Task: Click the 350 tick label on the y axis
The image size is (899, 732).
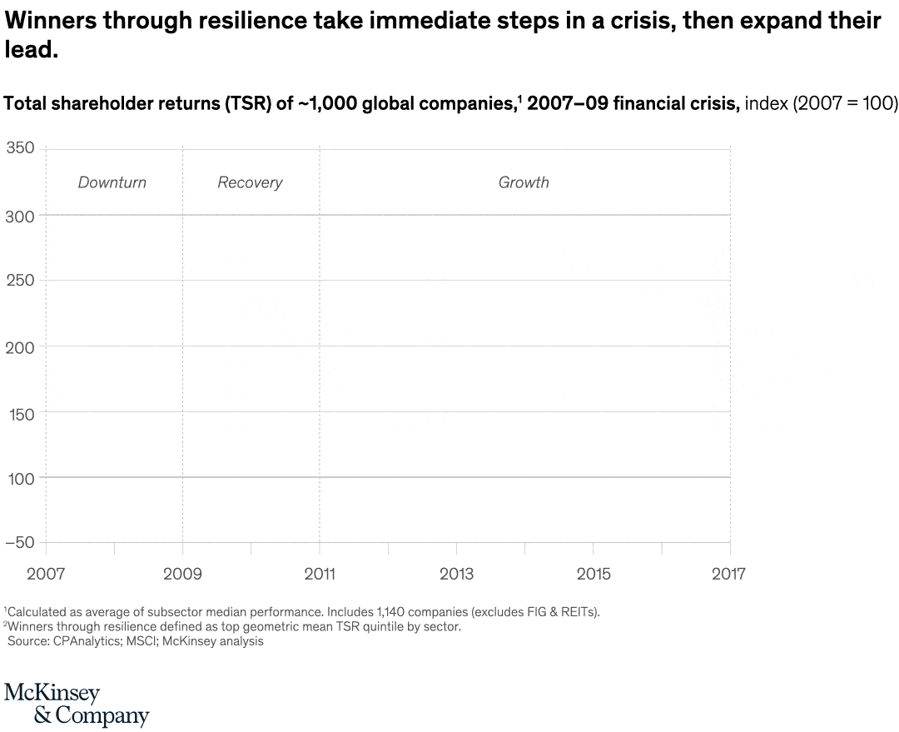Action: (20, 148)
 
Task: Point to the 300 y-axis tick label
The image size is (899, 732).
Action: (20, 216)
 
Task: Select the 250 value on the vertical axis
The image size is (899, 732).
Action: (20, 281)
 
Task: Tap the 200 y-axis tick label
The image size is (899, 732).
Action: (20, 347)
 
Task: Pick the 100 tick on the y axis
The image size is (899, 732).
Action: (20, 478)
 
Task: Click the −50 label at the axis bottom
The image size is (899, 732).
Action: (20, 543)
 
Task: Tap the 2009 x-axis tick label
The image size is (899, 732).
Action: (182, 574)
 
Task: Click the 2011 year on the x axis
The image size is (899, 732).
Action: (319, 574)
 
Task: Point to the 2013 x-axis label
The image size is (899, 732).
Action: (456, 574)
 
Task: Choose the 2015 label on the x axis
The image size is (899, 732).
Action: (593, 574)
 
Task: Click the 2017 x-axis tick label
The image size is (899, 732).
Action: (728, 574)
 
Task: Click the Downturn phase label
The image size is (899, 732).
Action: (112, 182)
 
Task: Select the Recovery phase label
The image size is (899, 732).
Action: (250, 182)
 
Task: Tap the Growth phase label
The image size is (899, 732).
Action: (524, 182)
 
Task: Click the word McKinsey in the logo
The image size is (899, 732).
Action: (52, 693)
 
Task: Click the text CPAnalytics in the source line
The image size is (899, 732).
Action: (86, 641)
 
